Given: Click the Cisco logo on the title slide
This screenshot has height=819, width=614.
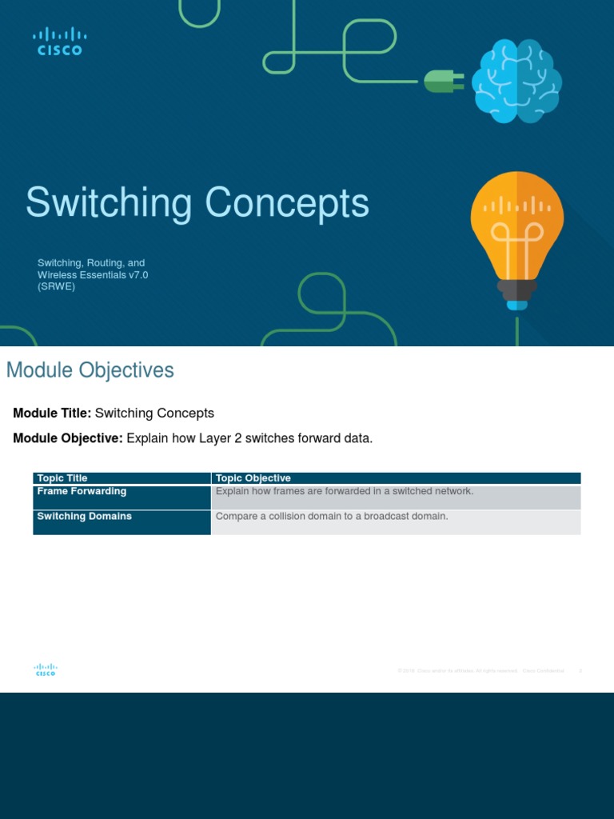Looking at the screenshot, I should (59, 41).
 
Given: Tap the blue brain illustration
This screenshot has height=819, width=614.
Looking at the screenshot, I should (516, 82).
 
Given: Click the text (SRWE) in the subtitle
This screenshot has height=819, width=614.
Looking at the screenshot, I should (56, 286).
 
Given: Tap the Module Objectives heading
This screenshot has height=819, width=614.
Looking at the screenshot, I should (90, 370).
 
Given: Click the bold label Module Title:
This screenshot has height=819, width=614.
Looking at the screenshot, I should (52, 413).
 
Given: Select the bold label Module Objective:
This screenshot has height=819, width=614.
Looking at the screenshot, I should (68, 438).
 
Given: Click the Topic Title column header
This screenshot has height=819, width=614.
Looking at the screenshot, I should (62, 478).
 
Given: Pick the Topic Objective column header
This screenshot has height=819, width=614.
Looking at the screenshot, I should (253, 478).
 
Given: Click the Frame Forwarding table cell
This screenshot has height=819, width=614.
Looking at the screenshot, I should (82, 491).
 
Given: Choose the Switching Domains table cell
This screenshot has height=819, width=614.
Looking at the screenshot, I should (84, 517).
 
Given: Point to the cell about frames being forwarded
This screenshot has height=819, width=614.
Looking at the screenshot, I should (345, 491).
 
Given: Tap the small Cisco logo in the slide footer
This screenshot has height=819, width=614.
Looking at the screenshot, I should (46, 669).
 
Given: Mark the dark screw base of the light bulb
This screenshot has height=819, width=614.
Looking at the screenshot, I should (516, 289).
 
